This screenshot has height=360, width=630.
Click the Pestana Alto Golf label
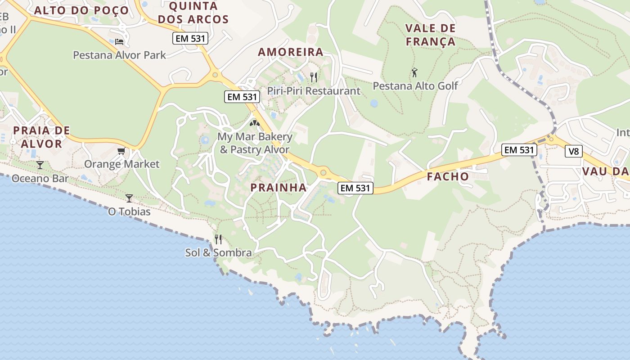415,85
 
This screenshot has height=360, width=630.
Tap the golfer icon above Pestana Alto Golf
414,72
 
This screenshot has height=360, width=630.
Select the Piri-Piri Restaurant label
314,91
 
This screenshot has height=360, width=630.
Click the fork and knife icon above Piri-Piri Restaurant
314,77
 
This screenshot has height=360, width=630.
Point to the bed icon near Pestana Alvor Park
119,42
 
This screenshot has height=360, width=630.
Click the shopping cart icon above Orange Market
121,151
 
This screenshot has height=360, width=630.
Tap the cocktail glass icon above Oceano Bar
40,165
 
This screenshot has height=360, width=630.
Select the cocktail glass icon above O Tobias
129,198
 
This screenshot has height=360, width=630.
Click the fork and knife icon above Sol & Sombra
218,239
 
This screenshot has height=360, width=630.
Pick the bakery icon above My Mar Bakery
255,122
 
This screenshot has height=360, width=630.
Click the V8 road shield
573,152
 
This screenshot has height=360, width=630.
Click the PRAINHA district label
278,188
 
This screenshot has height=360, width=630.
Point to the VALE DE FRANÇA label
430,35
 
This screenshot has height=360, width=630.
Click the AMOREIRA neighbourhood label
291,52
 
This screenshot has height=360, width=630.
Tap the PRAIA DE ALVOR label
41,137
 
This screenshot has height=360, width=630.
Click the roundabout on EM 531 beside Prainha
323,172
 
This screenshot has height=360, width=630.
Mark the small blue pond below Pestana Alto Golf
374,103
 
